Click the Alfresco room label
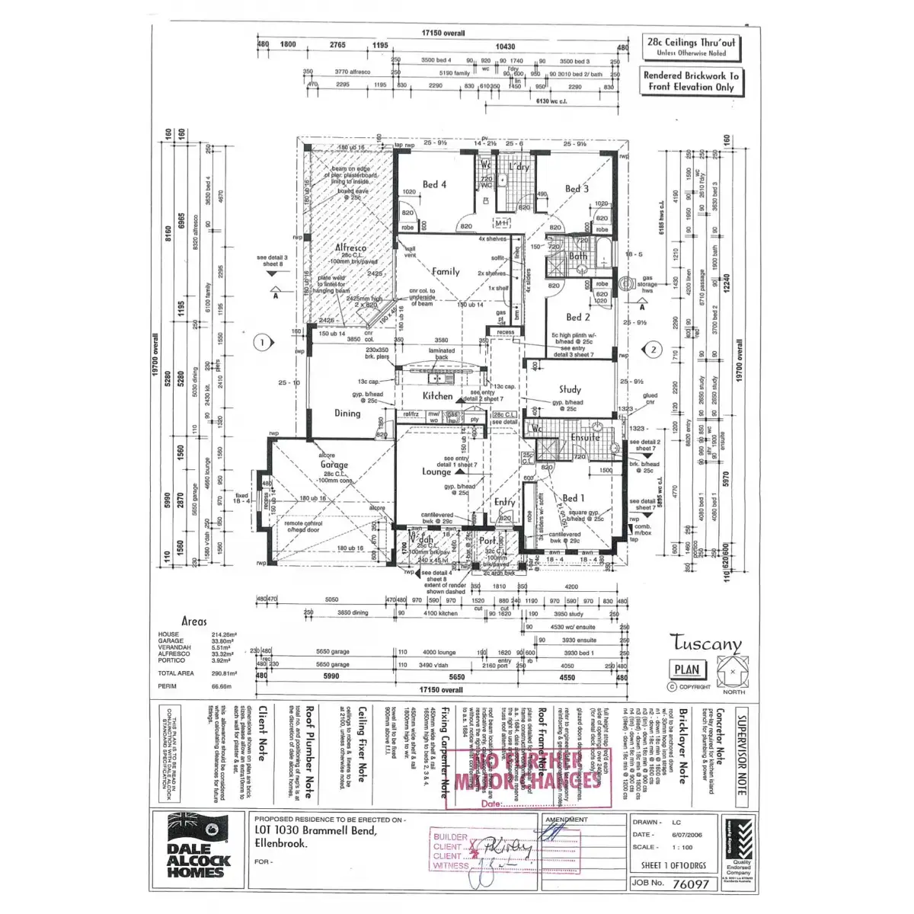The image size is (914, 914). click(350, 248)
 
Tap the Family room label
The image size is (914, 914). click(446, 271)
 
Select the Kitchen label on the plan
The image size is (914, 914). click(438, 396)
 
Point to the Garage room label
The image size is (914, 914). click(334, 465)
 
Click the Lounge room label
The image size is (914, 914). click(436, 471)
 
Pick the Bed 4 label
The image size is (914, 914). click(434, 184)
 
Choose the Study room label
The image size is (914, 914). click(570, 389)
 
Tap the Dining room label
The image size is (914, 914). click(347, 413)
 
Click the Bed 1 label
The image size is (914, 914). click(574, 498)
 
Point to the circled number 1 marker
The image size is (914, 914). click(262, 343)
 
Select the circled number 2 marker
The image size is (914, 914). click(653, 350)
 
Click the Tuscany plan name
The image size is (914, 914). click(706, 644)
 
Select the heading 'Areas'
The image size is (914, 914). click(194, 622)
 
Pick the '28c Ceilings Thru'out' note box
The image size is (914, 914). click(692, 47)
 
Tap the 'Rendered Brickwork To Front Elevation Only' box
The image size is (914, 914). click(691, 81)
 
